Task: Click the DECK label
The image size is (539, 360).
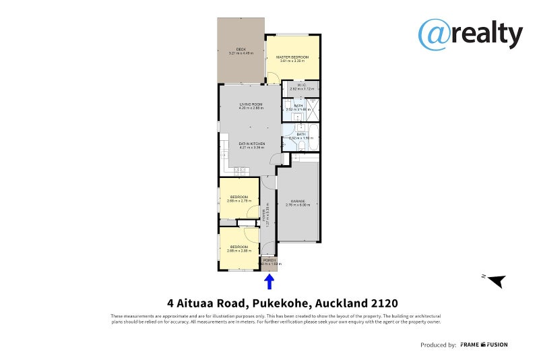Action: tap(241, 49)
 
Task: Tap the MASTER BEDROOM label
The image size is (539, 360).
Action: tap(292, 57)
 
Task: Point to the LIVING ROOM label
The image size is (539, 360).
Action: tap(251, 104)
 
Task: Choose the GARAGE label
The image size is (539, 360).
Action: tap(298, 201)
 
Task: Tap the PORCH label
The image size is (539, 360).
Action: tap(269, 260)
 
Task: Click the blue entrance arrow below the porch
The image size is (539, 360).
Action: tap(269, 280)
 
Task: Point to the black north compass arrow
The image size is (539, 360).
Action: tap(497, 280)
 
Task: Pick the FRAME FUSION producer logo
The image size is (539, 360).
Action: tap(484, 344)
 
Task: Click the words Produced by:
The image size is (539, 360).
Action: tap(438, 344)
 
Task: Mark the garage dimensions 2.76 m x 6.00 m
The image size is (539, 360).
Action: tap(298, 205)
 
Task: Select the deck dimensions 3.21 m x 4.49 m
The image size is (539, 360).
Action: tap(241, 53)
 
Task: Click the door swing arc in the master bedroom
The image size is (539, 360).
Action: tap(272, 76)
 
